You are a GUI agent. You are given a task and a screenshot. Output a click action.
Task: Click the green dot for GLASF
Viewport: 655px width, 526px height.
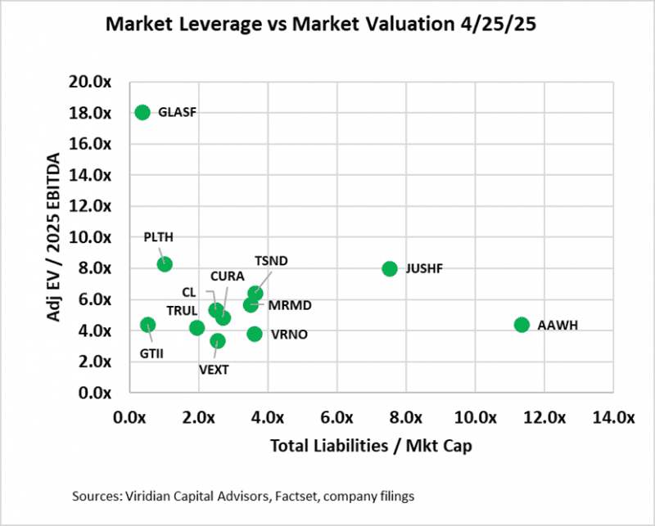click(x=142, y=112)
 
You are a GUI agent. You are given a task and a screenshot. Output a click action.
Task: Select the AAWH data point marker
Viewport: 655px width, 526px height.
click(x=522, y=325)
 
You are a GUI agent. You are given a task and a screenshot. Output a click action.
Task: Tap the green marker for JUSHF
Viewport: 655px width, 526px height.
click(x=390, y=268)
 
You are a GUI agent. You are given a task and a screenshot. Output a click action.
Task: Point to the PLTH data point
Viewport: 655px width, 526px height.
click(x=165, y=263)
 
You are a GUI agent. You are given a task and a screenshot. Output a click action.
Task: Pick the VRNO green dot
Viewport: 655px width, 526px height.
click(x=255, y=333)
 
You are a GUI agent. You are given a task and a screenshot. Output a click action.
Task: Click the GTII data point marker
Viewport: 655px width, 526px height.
click(x=147, y=325)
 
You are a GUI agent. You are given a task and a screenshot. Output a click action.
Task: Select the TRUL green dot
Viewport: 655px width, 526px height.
click(x=196, y=327)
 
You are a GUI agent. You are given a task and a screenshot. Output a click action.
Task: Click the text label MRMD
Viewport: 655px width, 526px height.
click(x=290, y=306)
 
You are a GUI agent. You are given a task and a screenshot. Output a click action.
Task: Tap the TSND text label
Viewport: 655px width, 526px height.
click(x=271, y=261)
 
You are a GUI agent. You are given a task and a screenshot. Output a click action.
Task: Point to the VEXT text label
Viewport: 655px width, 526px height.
click(x=214, y=369)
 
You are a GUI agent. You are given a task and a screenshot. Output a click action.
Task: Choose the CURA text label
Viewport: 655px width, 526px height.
click(x=225, y=276)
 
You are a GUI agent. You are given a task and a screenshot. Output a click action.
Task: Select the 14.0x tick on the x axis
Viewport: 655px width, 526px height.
click(x=613, y=417)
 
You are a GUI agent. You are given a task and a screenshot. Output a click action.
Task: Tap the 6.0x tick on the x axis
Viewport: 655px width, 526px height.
click(x=337, y=417)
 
